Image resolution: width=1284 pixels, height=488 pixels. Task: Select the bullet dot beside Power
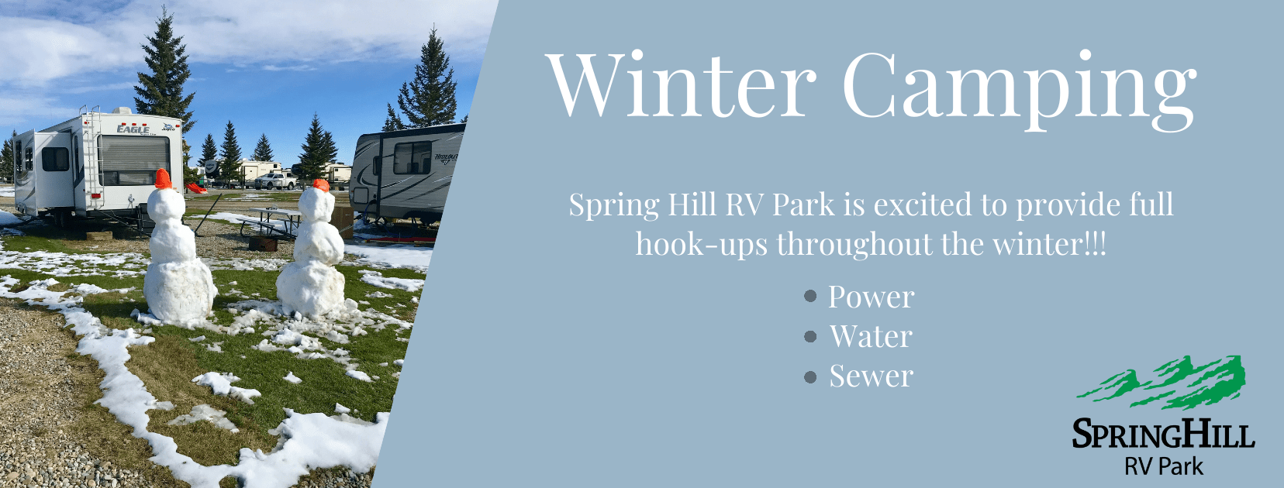pos(810,296)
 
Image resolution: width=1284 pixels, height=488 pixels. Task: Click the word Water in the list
pos(871,336)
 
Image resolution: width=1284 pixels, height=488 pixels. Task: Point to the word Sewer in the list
pos(872,376)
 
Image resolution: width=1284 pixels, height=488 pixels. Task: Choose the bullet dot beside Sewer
pos(810,376)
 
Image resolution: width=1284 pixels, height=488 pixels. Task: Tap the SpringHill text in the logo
pos(1164,434)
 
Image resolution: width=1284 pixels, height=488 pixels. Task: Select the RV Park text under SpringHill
pos(1164,466)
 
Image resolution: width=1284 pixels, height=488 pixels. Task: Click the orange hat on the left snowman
pos(164,179)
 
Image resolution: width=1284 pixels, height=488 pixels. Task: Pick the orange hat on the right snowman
pos(321,185)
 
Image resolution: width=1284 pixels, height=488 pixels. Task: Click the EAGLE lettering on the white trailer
pos(133,129)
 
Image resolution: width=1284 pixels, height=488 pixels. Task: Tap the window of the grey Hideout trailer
pos(412,157)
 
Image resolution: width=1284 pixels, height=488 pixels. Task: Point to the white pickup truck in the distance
pos(276,181)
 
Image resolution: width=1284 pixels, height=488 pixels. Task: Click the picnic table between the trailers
pos(269,222)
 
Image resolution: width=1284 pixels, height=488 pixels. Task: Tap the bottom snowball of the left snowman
pos(179,291)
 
